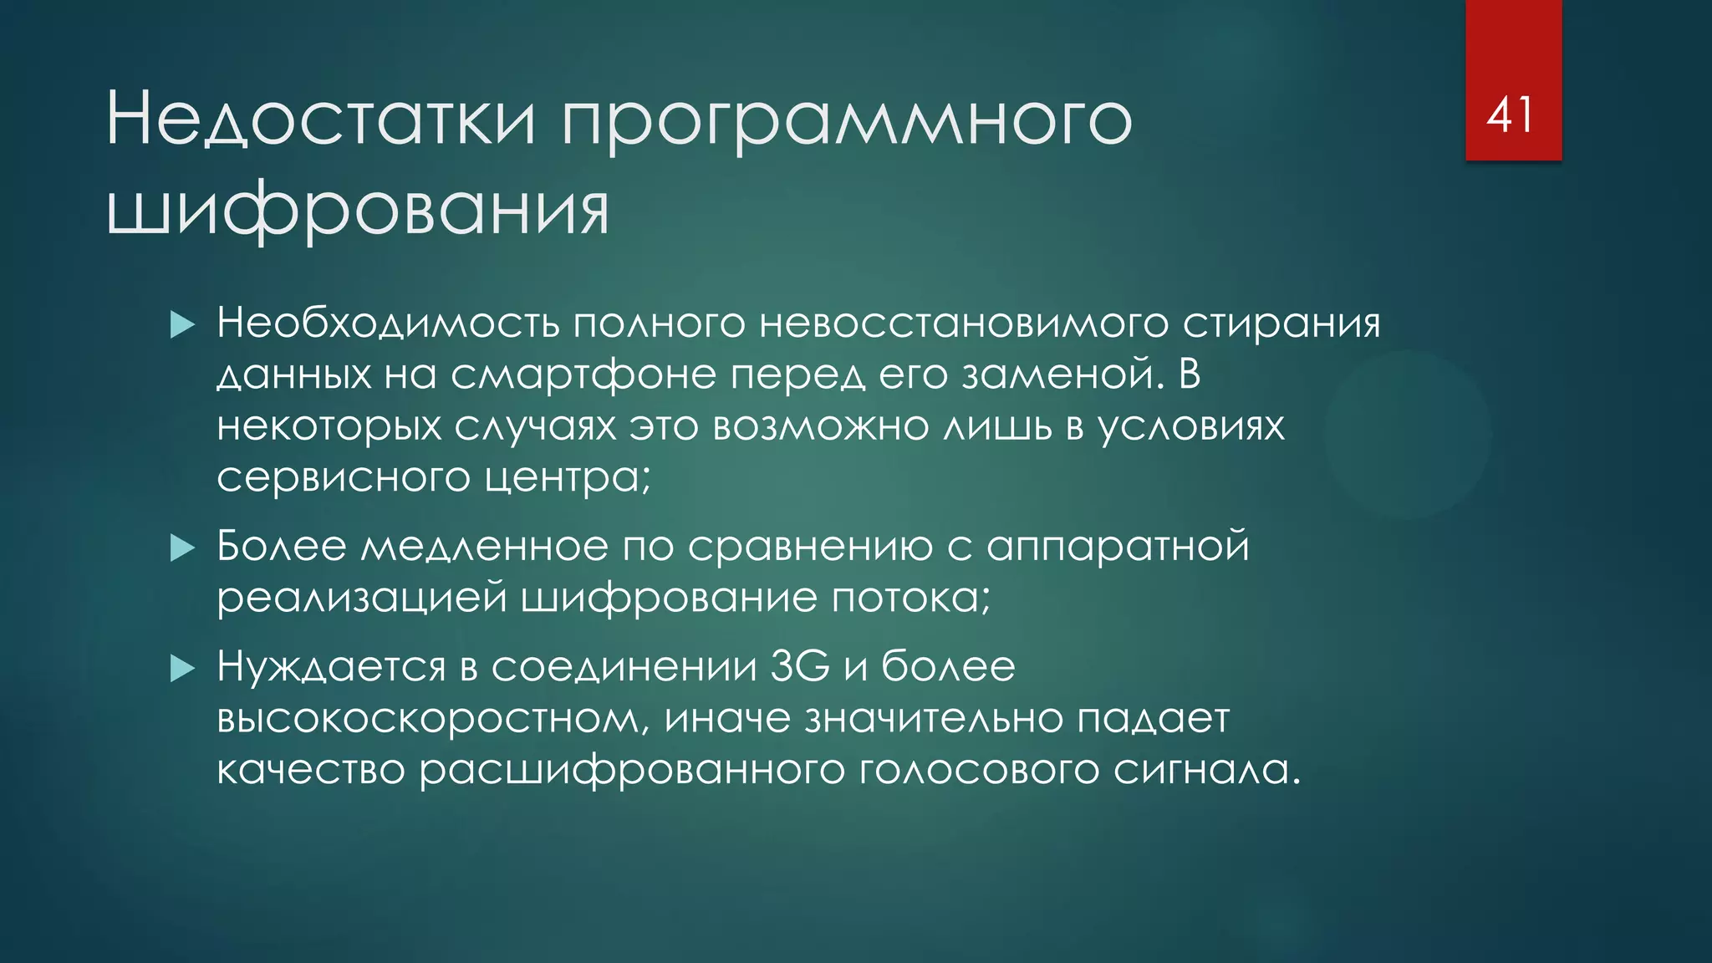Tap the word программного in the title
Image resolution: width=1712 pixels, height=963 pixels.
click(847, 123)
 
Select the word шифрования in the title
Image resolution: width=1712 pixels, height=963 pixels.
click(358, 210)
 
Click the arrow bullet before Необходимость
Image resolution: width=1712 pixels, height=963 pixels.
click(182, 324)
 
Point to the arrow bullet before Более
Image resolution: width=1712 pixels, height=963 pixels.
click(182, 548)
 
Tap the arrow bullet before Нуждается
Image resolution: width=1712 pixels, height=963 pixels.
click(182, 668)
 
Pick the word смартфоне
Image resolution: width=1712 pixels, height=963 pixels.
click(583, 375)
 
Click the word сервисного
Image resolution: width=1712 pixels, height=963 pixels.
click(344, 478)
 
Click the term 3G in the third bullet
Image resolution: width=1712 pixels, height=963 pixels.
click(800, 666)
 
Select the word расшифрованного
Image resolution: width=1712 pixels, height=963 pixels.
click(632, 771)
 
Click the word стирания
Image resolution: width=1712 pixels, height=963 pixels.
click(1281, 324)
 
